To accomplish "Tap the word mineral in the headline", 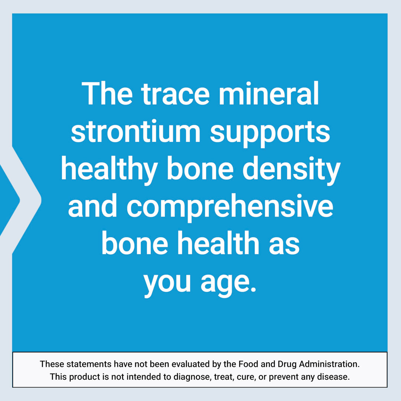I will click(268, 94).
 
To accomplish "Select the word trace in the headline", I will click(176, 94).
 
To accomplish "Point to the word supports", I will click(270, 132).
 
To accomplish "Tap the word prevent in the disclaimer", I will click(284, 377).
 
